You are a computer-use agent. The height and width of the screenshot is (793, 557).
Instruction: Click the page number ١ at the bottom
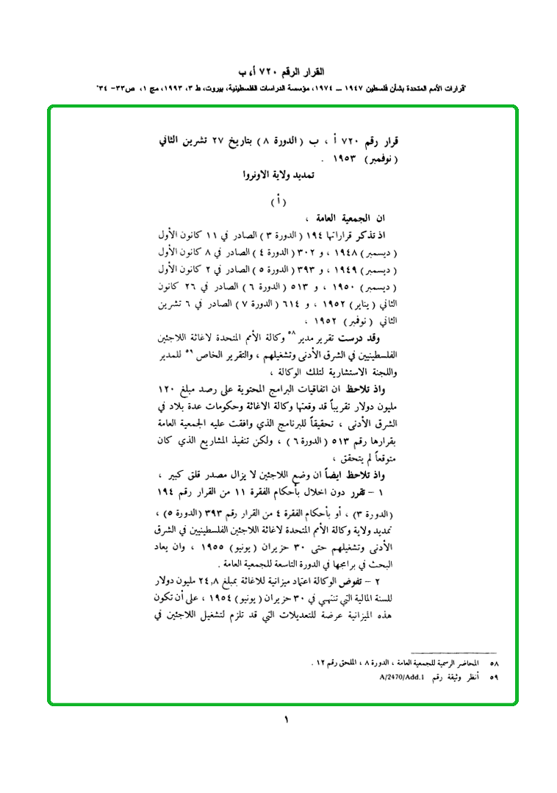click(286, 719)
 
